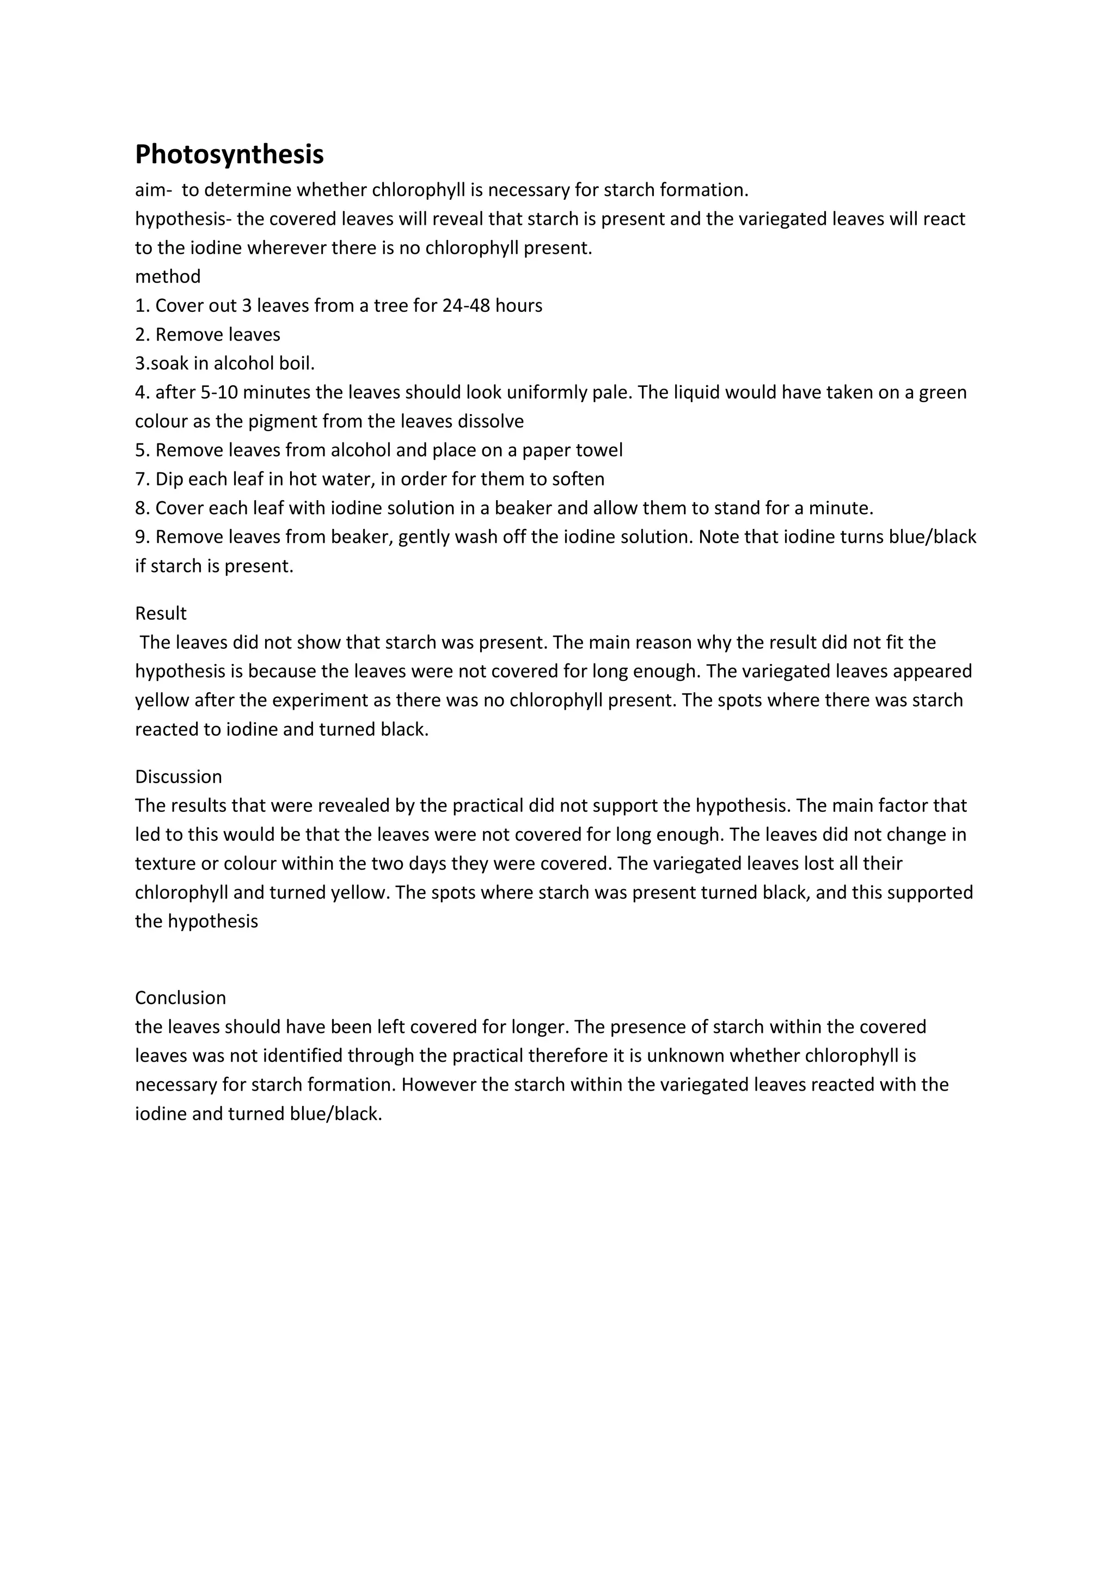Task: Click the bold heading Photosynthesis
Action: tap(229, 155)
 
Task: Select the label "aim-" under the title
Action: tap(153, 189)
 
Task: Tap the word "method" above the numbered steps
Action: tap(168, 276)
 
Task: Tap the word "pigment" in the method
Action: tap(283, 421)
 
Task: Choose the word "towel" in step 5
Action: tap(599, 450)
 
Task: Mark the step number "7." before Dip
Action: tap(142, 479)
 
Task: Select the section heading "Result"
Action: tap(161, 613)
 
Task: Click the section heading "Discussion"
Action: tap(179, 777)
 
